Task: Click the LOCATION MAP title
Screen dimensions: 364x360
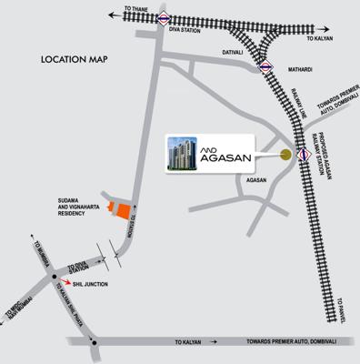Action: pyautogui.click(x=75, y=61)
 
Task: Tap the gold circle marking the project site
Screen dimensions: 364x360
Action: pyautogui.click(x=286, y=154)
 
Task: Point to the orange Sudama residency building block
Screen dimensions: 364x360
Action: pyautogui.click(x=117, y=208)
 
